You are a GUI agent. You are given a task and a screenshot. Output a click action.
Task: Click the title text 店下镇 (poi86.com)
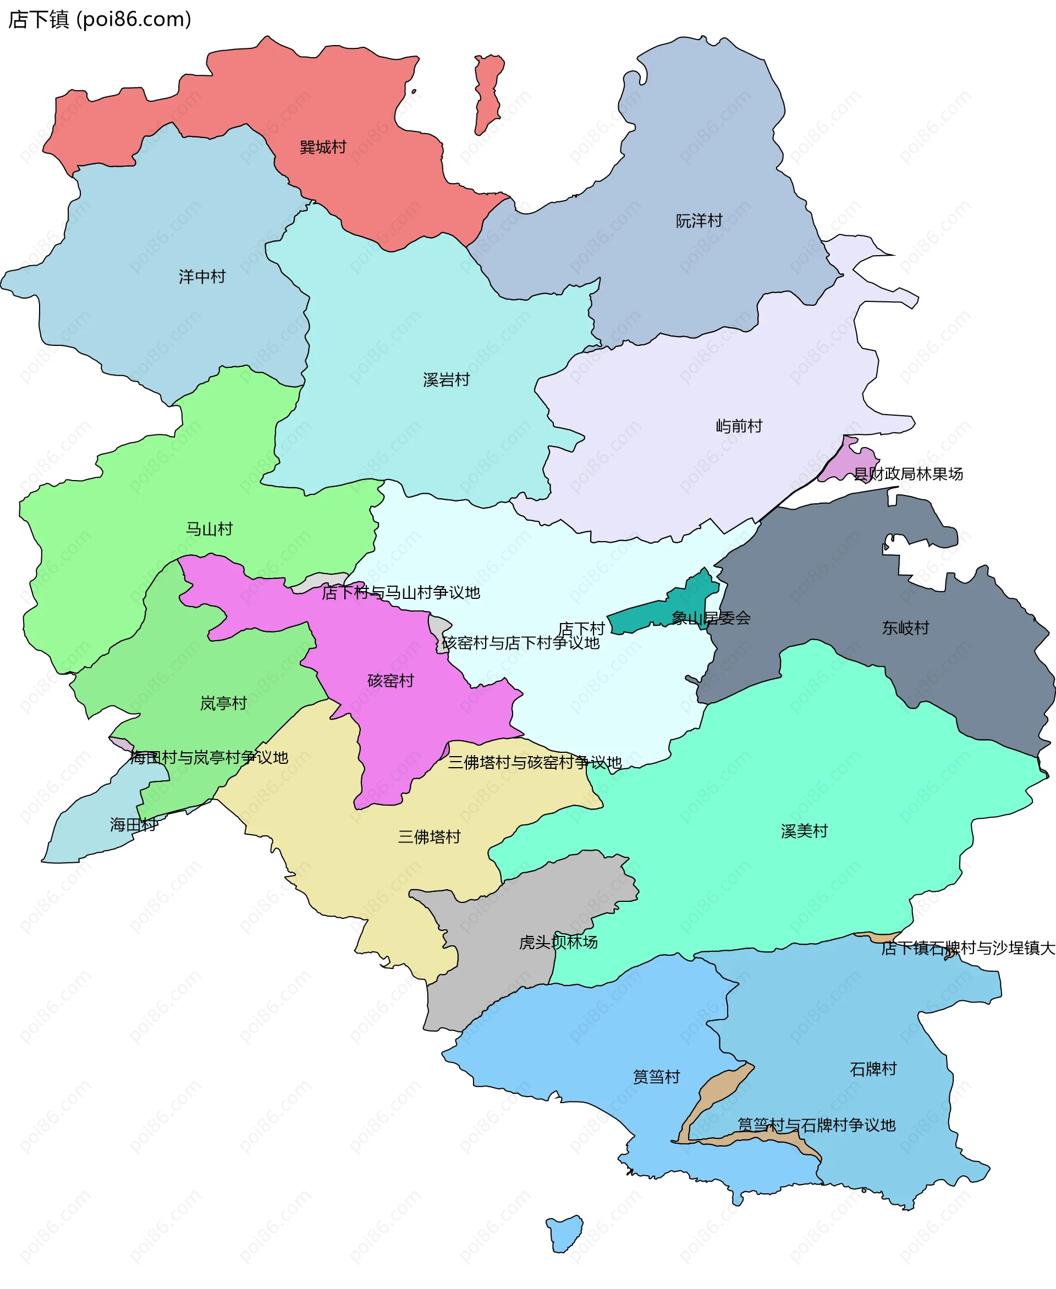coord(99,19)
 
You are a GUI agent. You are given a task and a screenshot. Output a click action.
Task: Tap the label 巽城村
coord(323,147)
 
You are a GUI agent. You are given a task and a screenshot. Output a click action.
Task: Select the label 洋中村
coord(202,277)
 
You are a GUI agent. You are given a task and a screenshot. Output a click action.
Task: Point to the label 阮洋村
coord(699,221)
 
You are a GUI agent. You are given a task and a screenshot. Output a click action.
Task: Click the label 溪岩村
coord(447,380)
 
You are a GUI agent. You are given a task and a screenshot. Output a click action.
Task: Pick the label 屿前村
coord(739,426)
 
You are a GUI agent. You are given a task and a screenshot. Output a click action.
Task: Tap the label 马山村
coord(209,529)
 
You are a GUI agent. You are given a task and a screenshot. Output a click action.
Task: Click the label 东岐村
coord(906,628)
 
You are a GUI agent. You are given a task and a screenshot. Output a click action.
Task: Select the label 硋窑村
coord(391,681)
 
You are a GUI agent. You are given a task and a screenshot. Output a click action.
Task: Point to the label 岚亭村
coord(223,704)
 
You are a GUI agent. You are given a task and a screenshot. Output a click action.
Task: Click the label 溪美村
coord(804,831)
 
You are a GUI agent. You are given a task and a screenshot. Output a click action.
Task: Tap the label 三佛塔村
coord(429,837)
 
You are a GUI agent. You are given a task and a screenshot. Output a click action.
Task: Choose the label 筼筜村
coord(656,1077)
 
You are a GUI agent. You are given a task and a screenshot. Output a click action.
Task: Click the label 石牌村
coord(873,1070)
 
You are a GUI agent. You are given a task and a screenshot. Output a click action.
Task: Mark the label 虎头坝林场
coord(558,942)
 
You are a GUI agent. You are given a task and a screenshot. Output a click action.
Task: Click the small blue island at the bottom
coord(565,1232)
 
